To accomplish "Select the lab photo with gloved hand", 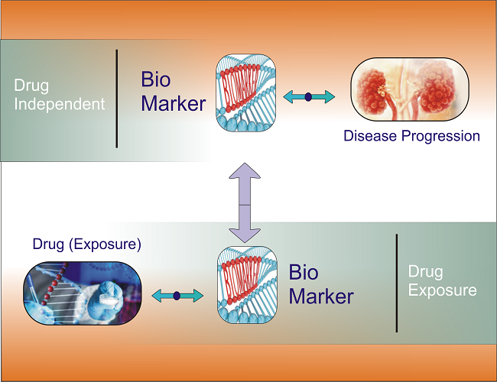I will click(83, 293).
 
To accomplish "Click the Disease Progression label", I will click(411, 136).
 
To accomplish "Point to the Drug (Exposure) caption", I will click(86, 244).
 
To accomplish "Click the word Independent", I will click(59, 104).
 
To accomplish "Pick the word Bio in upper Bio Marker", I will click(156, 79).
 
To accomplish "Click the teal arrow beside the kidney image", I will click(309, 96).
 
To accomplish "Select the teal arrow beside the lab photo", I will click(177, 295).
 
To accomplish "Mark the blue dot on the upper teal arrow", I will click(309, 96).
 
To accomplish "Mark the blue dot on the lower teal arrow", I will click(177, 295).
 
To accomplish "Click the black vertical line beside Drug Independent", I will click(117, 98).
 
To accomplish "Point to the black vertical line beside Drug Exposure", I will click(396, 283).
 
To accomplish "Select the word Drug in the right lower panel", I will click(425, 271).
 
